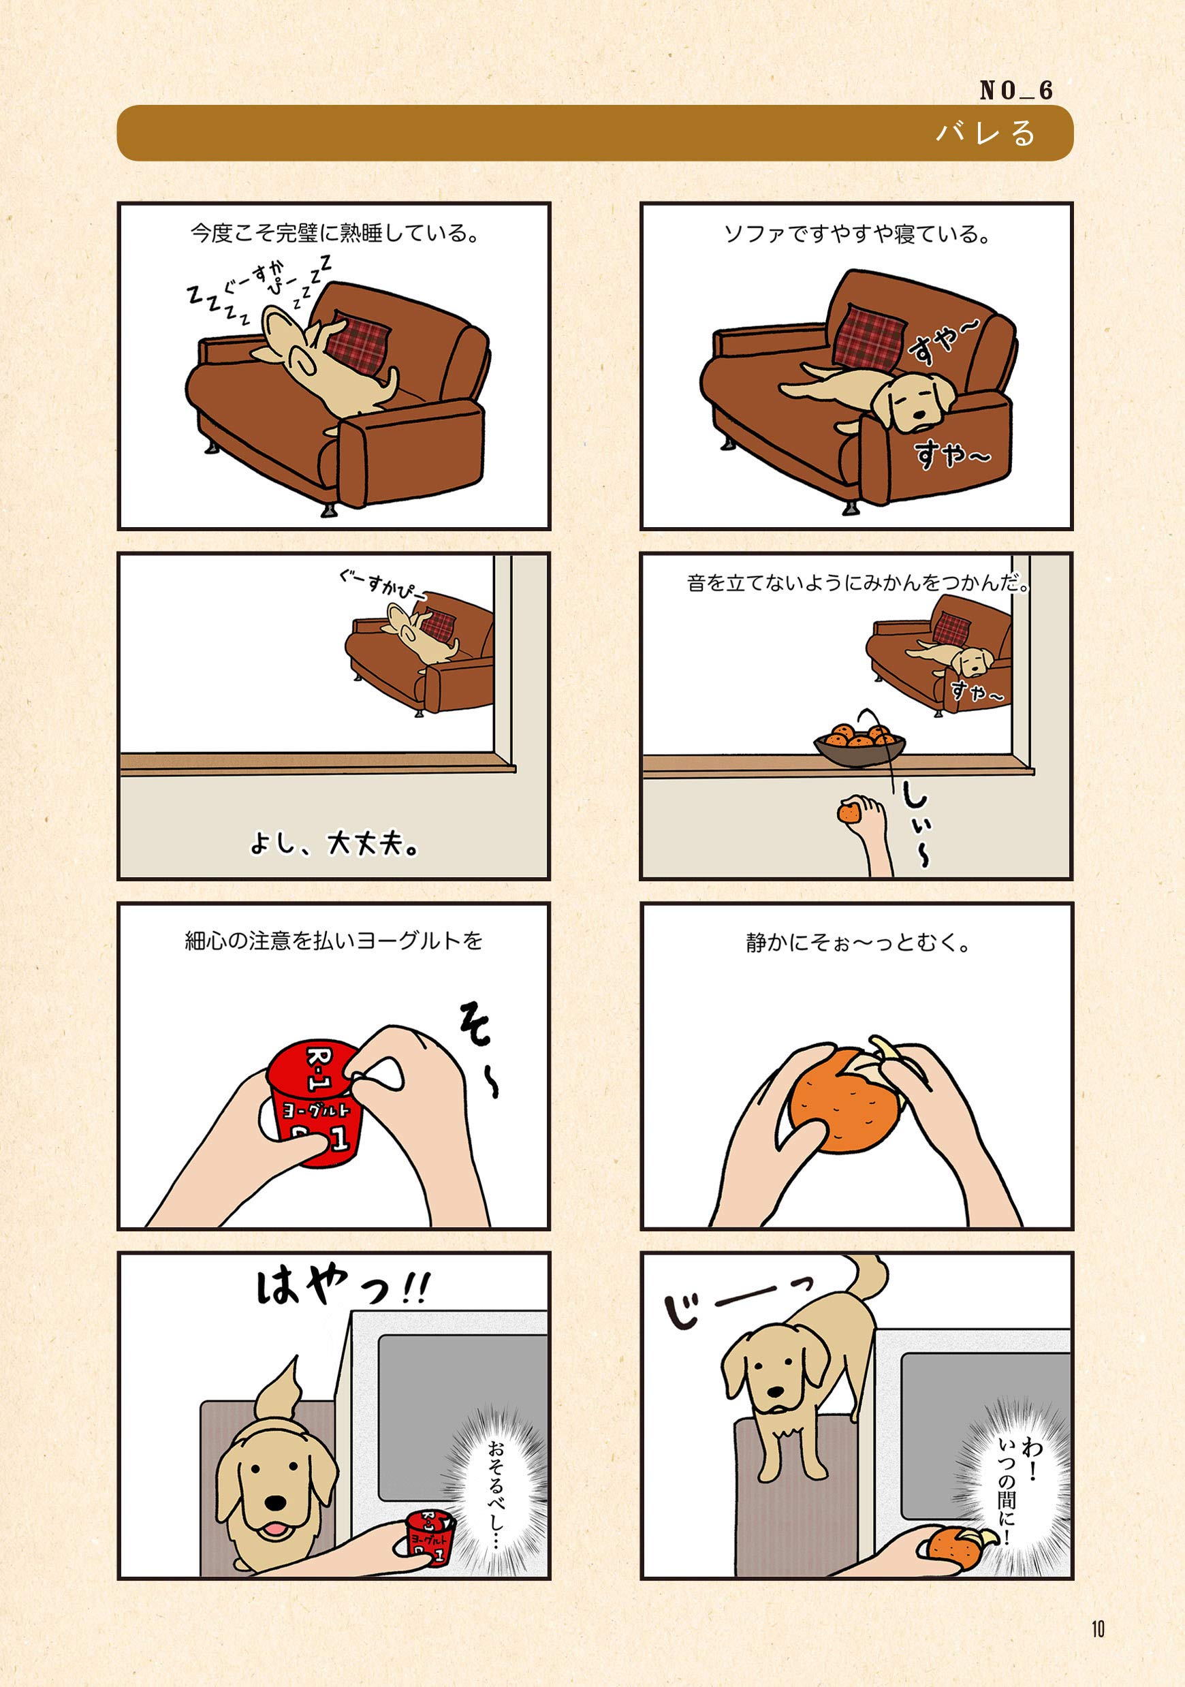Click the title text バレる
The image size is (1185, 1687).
(985, 133)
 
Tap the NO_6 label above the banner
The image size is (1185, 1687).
(1016, 91)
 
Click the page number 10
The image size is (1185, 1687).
(1098, 1629)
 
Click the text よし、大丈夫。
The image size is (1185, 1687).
(334, 843)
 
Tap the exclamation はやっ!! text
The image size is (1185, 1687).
(343, 1289)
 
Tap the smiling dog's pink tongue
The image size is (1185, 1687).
(274, 1529)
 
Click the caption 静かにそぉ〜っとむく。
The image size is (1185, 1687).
(857, 943)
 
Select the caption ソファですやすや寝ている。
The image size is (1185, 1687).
(857, 234)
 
